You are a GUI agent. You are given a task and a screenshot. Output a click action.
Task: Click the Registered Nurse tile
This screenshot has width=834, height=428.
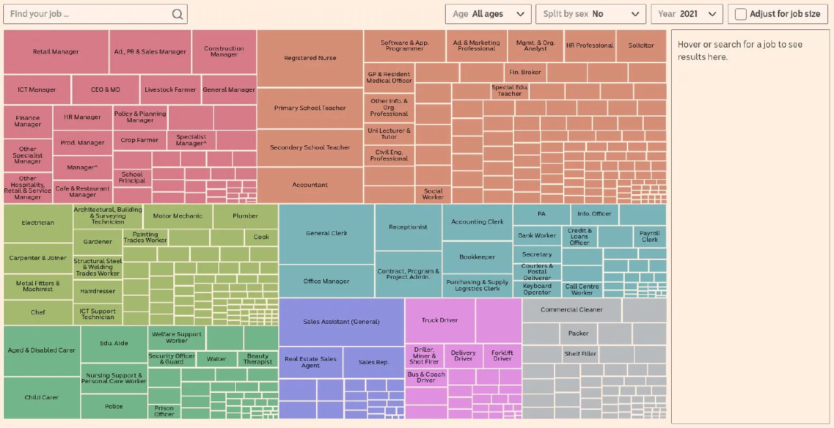tap(310, 59)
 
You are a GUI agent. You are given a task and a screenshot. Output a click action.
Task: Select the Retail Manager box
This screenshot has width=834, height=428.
tap(56, 52)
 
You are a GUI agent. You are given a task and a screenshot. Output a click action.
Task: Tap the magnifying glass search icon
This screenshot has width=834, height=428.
tap(178, 14)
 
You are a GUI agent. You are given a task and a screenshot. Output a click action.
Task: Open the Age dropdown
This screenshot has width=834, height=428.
tap(488, 14)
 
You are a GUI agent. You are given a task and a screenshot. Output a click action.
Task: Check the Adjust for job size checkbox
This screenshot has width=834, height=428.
tap(741, 14)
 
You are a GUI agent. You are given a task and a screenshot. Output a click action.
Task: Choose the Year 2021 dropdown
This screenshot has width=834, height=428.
tap(687, 14)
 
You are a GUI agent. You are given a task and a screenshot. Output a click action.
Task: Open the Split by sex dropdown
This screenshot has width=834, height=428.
tap(590, 14)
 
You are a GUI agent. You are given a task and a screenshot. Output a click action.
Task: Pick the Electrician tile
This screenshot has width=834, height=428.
tap(38, 223)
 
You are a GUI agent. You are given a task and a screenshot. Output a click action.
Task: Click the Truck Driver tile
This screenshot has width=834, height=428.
tap(440, 321)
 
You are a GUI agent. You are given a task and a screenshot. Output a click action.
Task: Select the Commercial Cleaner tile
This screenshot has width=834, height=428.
tap(571, 310)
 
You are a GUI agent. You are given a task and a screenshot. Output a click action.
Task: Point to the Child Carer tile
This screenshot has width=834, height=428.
tap(42, 397)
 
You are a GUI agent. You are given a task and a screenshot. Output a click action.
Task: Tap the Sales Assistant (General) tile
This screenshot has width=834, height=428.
tap(341, 322)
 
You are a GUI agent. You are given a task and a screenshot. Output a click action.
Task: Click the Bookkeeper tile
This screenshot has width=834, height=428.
tap(477, 257)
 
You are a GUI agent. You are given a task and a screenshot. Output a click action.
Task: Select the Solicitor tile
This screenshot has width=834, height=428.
tap(641, 46)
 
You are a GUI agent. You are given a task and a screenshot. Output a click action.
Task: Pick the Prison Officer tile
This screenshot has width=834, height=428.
tap(164, 411)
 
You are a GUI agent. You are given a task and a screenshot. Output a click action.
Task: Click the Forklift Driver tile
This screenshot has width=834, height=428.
tap(502, 356)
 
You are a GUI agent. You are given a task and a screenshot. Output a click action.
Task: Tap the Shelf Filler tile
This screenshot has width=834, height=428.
tap(580, 354)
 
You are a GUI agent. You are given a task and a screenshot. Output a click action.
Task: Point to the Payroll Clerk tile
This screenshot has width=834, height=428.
tap(650, 236)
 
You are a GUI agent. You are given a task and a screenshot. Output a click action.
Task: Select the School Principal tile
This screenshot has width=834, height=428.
tap(132, 177)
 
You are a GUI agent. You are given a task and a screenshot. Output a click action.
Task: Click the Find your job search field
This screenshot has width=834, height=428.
tap(88, 14)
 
